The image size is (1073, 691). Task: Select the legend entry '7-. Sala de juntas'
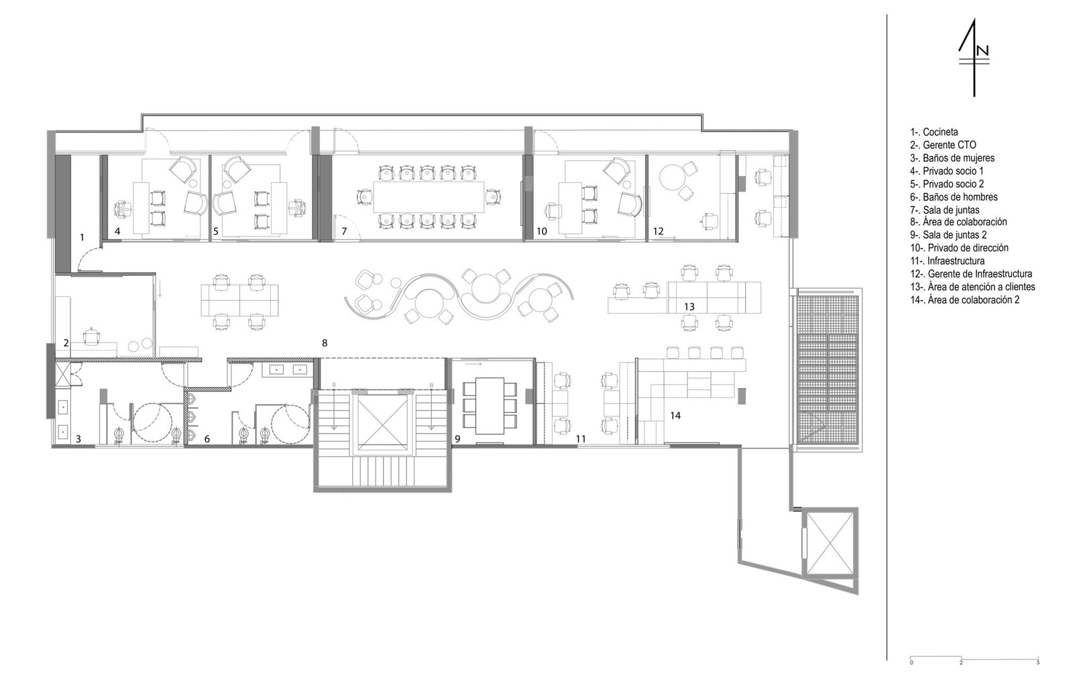945,210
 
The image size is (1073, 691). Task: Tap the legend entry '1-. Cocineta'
934,131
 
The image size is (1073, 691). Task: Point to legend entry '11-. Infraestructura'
948,261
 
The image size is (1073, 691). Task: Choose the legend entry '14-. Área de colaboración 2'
965,300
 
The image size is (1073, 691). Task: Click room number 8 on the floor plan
325,343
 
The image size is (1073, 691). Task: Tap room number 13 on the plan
689,306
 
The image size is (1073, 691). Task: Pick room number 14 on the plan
675,416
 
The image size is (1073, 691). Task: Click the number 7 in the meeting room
344,231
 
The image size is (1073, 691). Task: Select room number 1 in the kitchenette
82,237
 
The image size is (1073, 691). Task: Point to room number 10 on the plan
542,231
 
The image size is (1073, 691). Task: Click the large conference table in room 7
429,197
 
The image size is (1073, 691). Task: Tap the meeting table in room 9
490,405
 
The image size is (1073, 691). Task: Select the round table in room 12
673,178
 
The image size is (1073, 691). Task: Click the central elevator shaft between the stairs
382,422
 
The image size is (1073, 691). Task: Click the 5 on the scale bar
1038,662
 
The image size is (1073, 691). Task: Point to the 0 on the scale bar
911,662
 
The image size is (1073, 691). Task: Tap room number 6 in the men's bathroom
207,438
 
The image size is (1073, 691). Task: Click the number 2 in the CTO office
66,343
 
